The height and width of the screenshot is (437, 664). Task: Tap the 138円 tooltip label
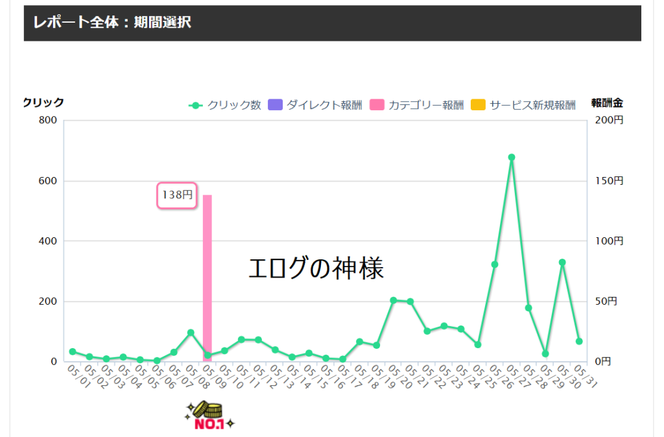pos(177,195)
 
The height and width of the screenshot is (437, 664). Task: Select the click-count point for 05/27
pos(512,157)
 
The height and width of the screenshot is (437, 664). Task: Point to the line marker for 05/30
pos(562,263)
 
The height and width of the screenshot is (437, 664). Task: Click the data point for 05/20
pos(393,300)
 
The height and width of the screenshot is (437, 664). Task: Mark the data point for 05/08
pos(191,333)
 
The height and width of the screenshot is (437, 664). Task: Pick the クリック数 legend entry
pos(224,105)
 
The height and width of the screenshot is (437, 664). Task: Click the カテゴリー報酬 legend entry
pos(417,105)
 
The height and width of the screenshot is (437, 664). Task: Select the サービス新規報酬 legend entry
pos(523,105)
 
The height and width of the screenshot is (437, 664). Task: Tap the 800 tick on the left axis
pos(49,121)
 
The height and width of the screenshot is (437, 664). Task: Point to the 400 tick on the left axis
pos(49,241)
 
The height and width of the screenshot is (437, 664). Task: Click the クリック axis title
pos(43,102)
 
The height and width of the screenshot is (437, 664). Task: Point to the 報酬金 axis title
pos(607,102)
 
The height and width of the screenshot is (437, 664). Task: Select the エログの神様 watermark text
pos(316,268)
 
